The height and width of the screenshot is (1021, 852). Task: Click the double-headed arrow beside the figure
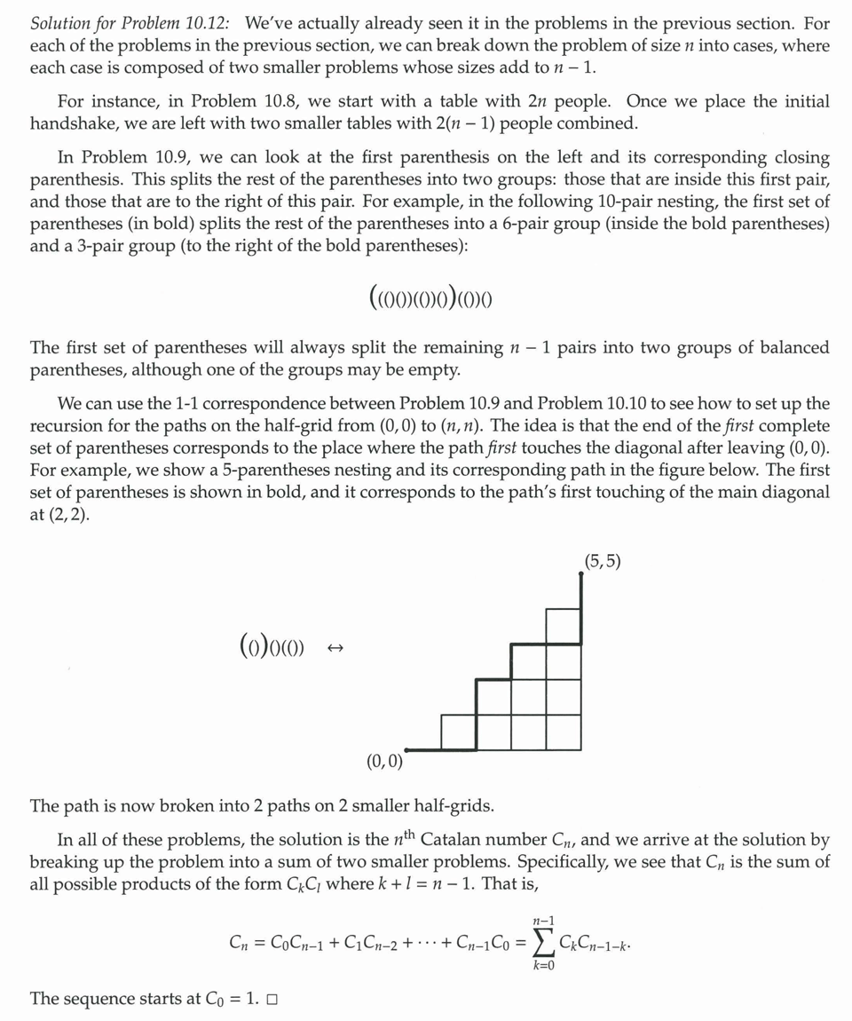click(x=335, y=648)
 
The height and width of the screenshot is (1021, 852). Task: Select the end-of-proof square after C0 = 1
click(x=272, y=1000)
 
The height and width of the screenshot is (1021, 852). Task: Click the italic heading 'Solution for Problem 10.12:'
click(x=133, y=22)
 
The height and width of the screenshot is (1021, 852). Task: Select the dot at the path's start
click(x=406, y=749)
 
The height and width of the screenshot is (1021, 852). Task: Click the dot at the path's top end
click(x=580, y=574)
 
